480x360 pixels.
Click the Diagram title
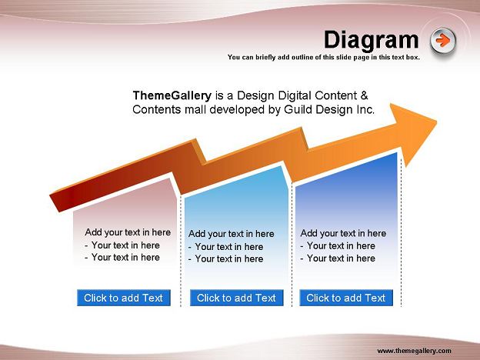point(371,41)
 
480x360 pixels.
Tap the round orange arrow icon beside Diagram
point(442,41)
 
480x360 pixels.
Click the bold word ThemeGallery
point(172,96)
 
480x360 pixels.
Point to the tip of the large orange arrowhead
point(436,122)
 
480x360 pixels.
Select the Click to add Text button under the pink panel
point(124,298)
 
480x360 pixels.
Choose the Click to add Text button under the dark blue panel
point(346,298)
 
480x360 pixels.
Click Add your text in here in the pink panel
point(128,232)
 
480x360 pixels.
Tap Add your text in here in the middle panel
point(231,234)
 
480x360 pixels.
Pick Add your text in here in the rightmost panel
point(343,233)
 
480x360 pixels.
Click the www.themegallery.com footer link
point(414,351)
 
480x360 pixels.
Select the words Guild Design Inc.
point(329,109)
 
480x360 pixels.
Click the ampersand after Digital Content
point(364,95)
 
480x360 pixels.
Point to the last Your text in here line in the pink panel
point(122,258)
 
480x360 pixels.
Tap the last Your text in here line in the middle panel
point(225,259)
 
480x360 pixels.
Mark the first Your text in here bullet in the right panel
point(338,246)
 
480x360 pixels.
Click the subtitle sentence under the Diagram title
point(324,57)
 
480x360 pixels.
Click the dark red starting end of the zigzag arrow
point(58,201)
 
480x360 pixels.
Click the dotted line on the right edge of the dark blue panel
point(401,229)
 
